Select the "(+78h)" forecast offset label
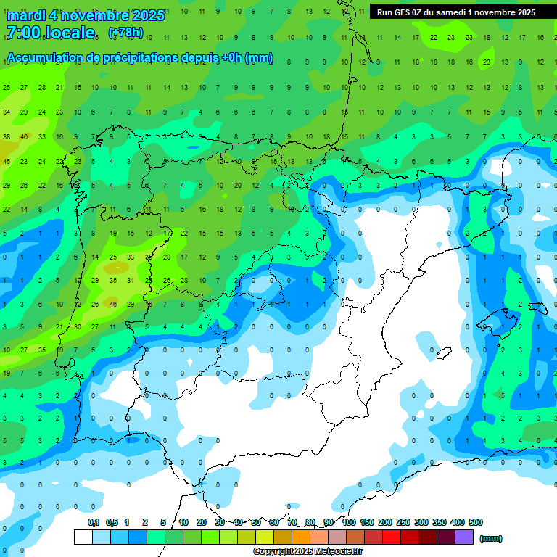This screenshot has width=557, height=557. (x=125, y=33)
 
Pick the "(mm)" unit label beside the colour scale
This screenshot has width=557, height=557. (x=491, y=538)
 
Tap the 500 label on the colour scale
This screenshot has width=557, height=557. (x=476, y=522)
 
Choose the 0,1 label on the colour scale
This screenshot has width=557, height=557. (x=94, y=522)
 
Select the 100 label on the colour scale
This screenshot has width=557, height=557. (x=348, y=522)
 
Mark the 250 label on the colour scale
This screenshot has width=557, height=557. (x=403, y=522)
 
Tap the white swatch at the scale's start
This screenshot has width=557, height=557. (x=83, y=537)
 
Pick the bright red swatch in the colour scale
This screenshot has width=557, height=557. (x=392, y=537)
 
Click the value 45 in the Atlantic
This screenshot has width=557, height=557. (x=7, y=161)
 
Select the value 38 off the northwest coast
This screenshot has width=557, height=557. (x=7, y=136)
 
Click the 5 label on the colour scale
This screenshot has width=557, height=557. (x=163, y=522)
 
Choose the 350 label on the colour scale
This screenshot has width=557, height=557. (x=440, y=522)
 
